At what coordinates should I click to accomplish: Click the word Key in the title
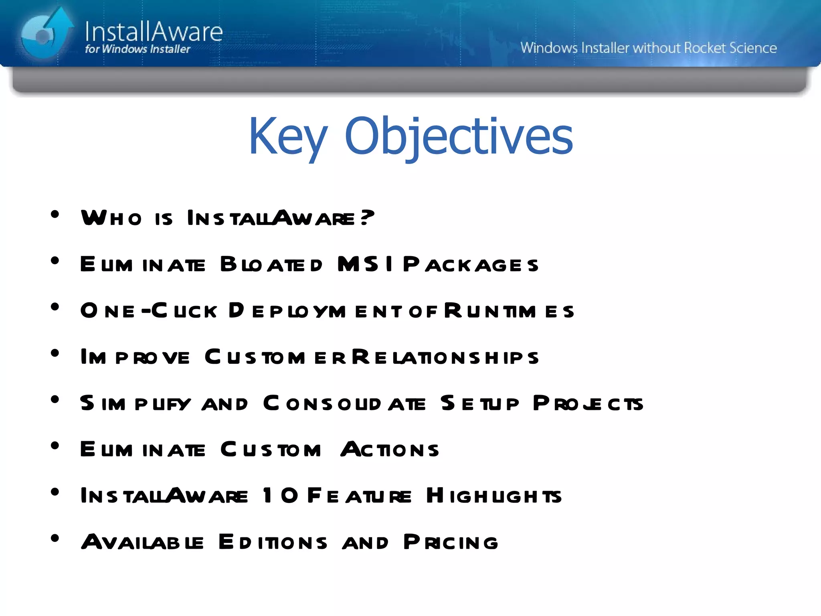point(288,136)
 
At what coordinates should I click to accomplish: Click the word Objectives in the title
point(459,136)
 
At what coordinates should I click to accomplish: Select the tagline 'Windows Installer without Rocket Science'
point(648,48)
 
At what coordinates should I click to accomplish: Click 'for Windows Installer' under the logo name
point(138,49)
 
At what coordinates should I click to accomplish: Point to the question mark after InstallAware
point(367,217)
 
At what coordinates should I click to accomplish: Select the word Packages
point(471,265)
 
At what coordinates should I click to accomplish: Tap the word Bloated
point(271,265)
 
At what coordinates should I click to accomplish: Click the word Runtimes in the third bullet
point(509,311)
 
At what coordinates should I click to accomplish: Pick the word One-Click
point(149,311)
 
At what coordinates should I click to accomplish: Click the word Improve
point(135,357)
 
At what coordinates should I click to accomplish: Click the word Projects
point(588,403)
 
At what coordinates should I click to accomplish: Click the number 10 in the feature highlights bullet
point(280,495)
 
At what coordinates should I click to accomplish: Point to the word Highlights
point(493,496)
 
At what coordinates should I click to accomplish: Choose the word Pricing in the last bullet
point(451,542)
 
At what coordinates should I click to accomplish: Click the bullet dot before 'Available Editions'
point(55,538)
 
